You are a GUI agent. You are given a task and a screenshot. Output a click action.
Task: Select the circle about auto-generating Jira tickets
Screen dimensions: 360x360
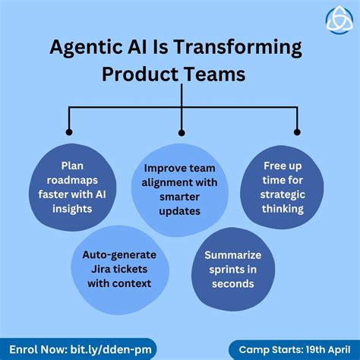tap(118, 270)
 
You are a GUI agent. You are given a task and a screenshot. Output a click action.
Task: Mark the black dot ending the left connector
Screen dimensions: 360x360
tap(69, 131)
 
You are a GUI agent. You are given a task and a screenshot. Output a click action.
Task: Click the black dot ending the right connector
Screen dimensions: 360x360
tap(297, 131)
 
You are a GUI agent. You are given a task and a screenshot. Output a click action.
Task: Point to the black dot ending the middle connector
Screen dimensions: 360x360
tap(181, 131)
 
